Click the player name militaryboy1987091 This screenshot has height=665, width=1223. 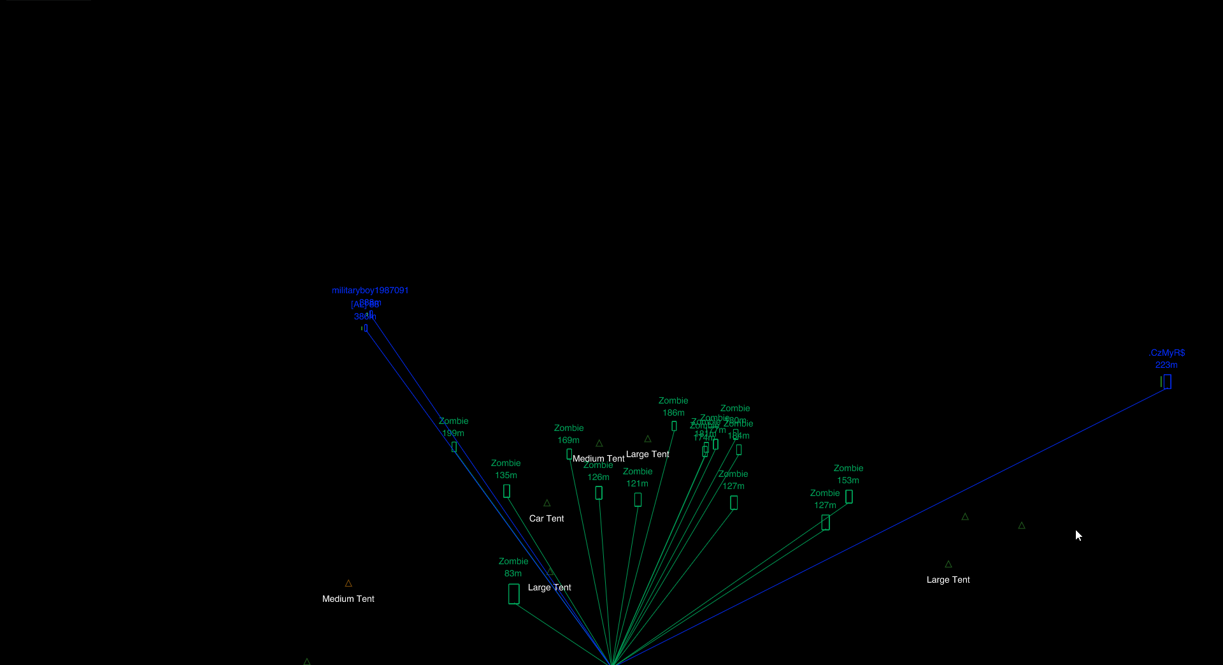pos(370,290)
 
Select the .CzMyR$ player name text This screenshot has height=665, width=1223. pos(1167,353)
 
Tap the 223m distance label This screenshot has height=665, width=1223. pos(1166,365)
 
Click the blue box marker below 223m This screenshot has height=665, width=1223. pos(1167,381)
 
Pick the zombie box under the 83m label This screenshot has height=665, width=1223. pos(514,594)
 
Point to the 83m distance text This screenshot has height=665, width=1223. pos(513,573)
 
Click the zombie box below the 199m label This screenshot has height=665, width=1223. pos(454,447)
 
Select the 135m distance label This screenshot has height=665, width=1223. pos(506,475)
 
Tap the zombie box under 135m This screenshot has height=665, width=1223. pos(506,491)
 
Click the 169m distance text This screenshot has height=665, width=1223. pos(568,440)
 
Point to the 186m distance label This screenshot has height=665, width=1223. pos(673,413)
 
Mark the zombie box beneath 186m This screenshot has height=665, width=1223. pos(674,426)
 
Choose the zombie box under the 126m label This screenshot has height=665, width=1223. pos(599,493)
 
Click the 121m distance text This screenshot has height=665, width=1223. pos(637,483)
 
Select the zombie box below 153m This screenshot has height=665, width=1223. pos(849,497)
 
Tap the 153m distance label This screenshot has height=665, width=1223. pos(848,480)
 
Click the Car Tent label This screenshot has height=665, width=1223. pos(547,518)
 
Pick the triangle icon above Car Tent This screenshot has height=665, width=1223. pos(547,503)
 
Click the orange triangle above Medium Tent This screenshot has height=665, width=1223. pos(348,583)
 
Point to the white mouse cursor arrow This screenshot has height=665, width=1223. pos(1078,534)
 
